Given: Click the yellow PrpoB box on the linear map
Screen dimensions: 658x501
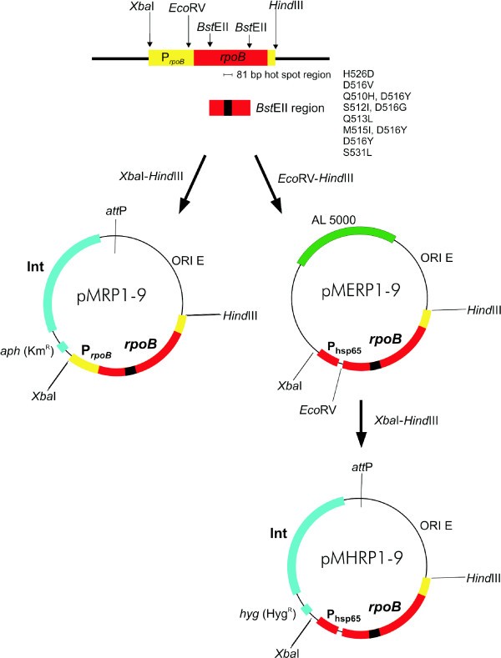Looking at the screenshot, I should (170, 58).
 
